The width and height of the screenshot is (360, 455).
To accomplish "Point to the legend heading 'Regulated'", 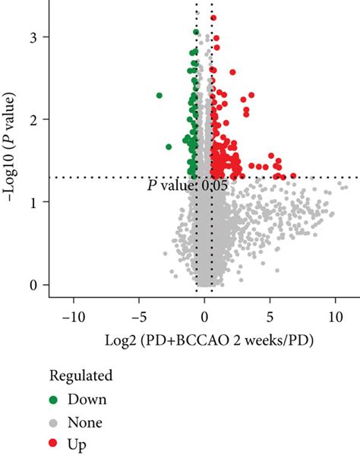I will tap(81, 375).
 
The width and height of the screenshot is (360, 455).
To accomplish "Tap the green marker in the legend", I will tap(56, 399).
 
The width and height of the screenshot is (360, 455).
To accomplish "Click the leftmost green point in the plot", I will tap(159, 96).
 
